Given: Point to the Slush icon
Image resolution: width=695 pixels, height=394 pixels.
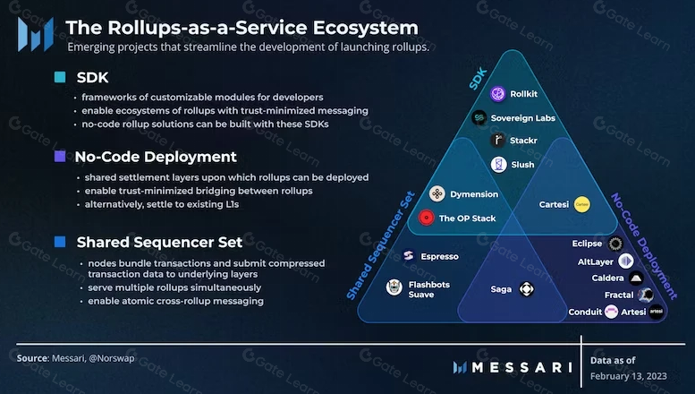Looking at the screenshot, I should (498, 164).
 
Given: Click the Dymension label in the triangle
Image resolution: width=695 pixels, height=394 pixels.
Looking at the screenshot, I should (475, 194).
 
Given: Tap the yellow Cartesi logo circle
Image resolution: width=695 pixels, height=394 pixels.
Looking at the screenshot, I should (581, 204).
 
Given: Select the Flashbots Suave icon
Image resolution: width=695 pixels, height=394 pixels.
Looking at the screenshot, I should (394, 287).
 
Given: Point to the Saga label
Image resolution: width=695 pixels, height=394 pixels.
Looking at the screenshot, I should (501, 289).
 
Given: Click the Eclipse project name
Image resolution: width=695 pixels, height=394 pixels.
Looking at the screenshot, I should (587, 244).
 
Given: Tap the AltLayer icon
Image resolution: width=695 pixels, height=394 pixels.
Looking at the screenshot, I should (626, 261).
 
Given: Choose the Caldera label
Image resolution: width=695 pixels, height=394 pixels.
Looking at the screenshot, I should (607, 278).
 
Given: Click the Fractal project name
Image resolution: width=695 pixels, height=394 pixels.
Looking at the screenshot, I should (618, 295).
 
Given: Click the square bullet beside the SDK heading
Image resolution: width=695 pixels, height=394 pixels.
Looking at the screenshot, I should (60, 77).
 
